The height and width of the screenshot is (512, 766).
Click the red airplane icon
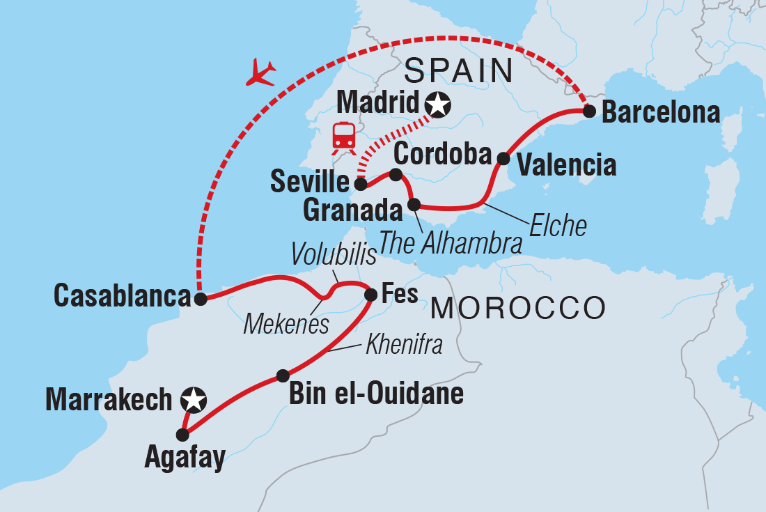pos(261,72)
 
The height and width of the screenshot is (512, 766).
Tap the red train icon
pos(343,137)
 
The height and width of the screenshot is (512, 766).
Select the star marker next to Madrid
pos(438,105)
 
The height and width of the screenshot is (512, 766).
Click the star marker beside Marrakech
pos(193,400)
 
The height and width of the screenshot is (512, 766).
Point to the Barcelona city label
pos(660,112)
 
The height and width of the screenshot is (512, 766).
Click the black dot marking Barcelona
pos(589,111)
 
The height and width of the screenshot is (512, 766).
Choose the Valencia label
pos(565,165)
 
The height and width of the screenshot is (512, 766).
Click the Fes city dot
pos(370,295)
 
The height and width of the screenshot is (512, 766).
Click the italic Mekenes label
pos(286,324)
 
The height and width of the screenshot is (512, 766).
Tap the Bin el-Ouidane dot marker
pos(282,375)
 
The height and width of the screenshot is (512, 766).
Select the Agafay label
pos(185,458)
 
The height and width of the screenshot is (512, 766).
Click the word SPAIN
pos(458,71)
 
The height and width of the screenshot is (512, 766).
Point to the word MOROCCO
pos(517,308)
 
